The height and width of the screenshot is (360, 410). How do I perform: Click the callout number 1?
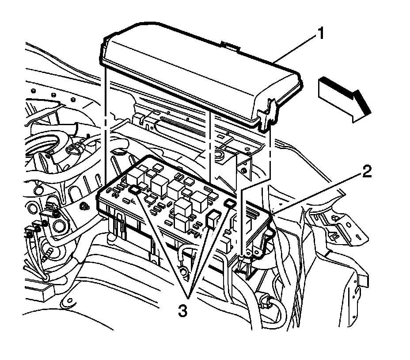[x=322, y=33]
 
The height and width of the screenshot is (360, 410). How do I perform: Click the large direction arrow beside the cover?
[x=344, y=98]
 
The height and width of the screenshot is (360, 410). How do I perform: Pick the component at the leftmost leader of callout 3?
[x=136, y=190]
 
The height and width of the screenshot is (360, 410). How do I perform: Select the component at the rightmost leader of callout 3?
[x=229, y=203]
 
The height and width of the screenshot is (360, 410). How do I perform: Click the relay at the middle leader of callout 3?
[x=213, y=217]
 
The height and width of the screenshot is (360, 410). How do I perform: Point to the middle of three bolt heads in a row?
[x=53, y=94]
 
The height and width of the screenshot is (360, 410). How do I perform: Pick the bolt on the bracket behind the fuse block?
[x=243, y=171]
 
